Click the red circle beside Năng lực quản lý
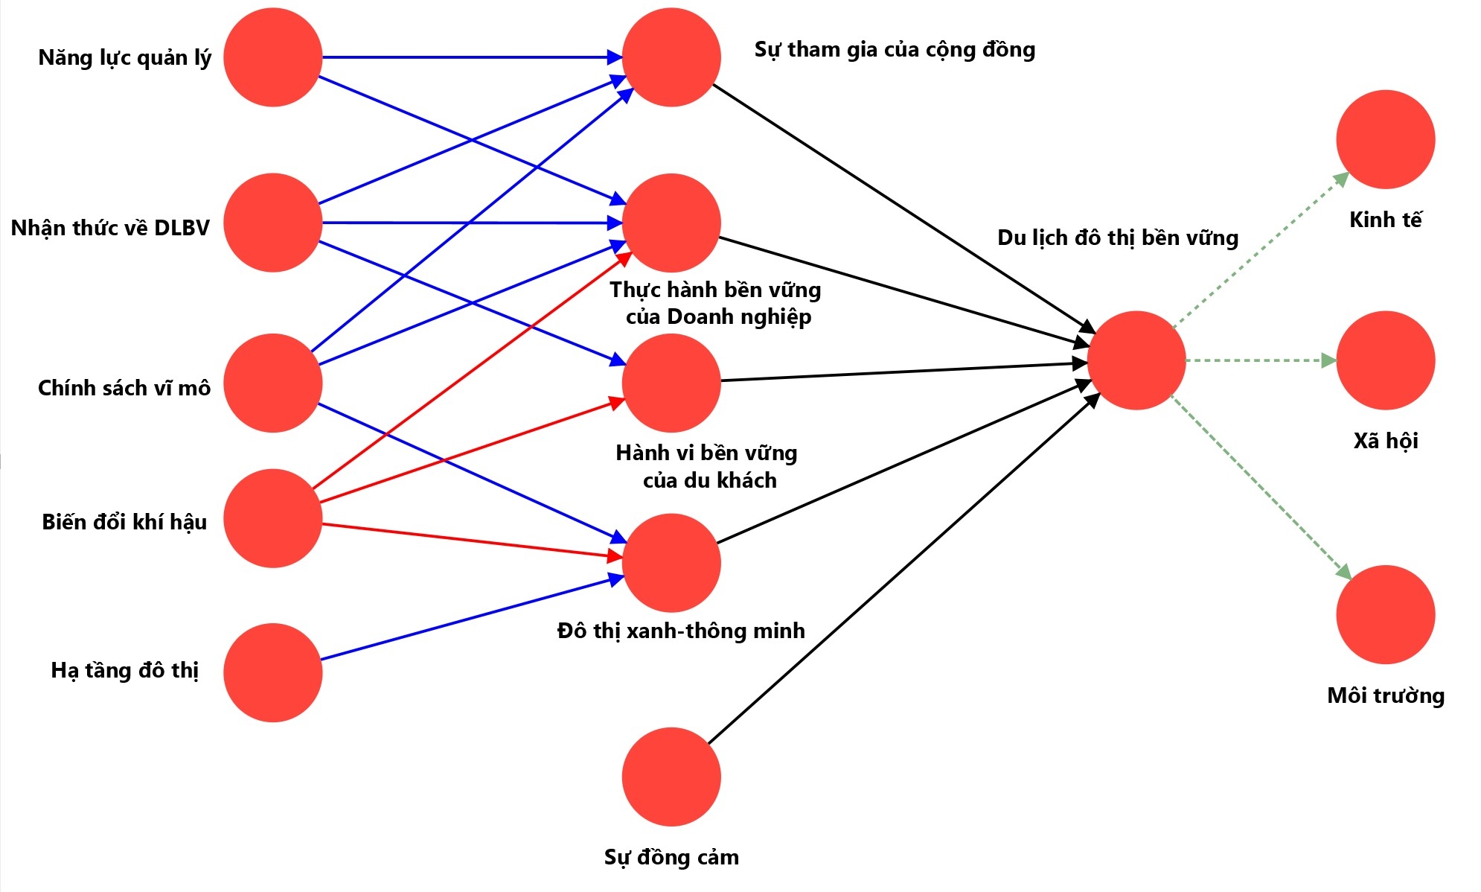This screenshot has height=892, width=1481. pyautogui.click(x=272, y=57)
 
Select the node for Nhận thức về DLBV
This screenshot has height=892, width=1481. pyautogui.click(x=272, y=223)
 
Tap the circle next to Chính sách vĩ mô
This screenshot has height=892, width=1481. pyautogui.click(x=272, y=383)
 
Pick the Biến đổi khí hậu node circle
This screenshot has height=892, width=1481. pyautogui.click(x=272, y=518)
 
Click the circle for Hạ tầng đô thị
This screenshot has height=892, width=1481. pyautogui.click(x=272, y=672)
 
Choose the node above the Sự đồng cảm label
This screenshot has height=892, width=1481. pyautogui.click(x=671, y=777)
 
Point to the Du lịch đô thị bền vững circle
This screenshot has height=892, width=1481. pyautogui.click(x=1136, y=360)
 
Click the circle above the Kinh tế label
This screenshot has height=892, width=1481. pyautogui.click(x=1385, y=139)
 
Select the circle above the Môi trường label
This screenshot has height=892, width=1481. pyautogui.click(x=1385, y=614)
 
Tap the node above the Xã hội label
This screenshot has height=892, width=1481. pyautogui.click(x=1385, y=360)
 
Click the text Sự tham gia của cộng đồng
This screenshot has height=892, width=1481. pyautogui.click(x=895, y=50)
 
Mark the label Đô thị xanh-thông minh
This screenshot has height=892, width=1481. pyautogui.click(x=681, y=631)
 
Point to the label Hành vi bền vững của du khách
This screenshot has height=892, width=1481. pyautogui.click(x=707, y=466)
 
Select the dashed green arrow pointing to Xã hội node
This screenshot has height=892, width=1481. pyautogui.click(x=1258, y=360)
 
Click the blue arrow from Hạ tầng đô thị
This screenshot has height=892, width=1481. pyautogui.click(x=469, y=619)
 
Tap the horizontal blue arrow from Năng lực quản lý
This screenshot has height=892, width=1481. pyautogui.click(x=469, y=57)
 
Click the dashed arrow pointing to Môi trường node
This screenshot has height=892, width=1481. pyautogui.click(x=1261, y=486)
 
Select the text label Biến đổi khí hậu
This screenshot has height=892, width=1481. pyautogui.click(x=124, y=522)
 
